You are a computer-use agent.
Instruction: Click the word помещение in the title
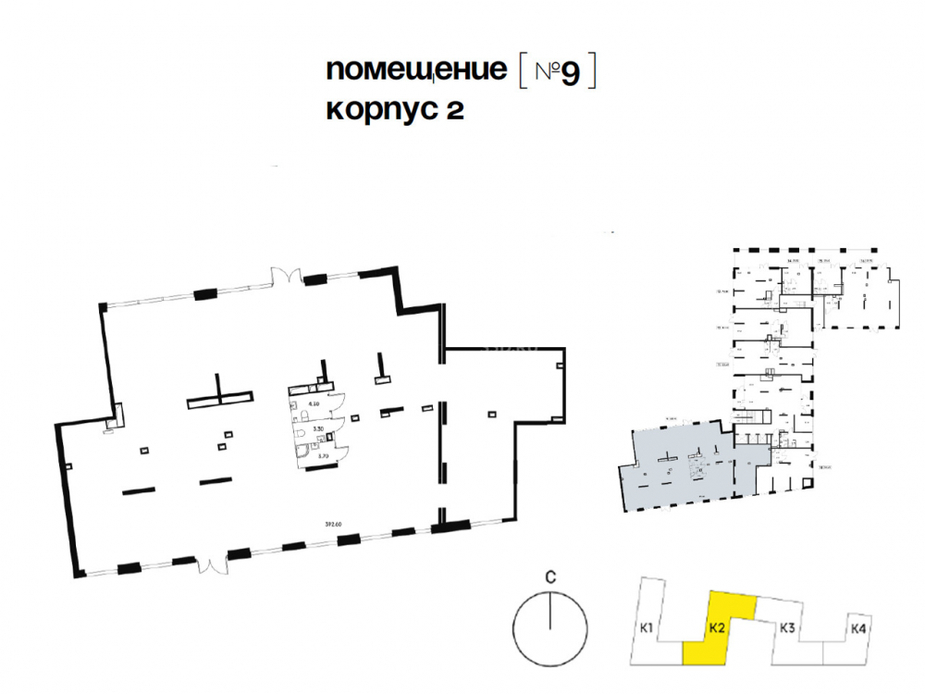click(416, 72)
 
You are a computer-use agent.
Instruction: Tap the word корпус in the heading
click(379, 110)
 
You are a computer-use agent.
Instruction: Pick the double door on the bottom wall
click(212, 564)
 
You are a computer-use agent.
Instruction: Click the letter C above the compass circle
click(549, 577)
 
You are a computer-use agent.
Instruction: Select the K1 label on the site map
click(647, 630)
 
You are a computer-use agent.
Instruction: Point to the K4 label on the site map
click(857, 629)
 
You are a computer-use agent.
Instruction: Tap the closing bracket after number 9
click(592, 72)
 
